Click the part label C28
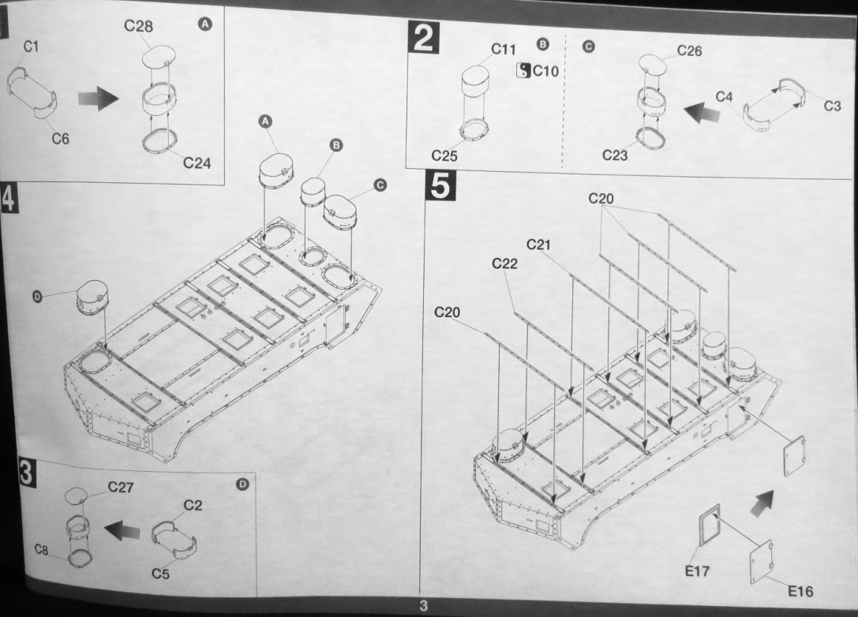pos(138,26)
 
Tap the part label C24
pos(197,163)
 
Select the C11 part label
pos(504,50)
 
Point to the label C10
pos(545,72)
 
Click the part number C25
pos(444,155)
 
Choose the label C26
pos(689,51)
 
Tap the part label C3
pos(832,106)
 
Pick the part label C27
pos(121,488)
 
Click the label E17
pos(697,570)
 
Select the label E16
pos(800,591)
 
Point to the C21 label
pos(538,245)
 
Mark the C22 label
pos(504,264)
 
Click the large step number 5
pos(439,187)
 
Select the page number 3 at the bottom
pos(423,606)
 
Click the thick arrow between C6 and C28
pos(98,99)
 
